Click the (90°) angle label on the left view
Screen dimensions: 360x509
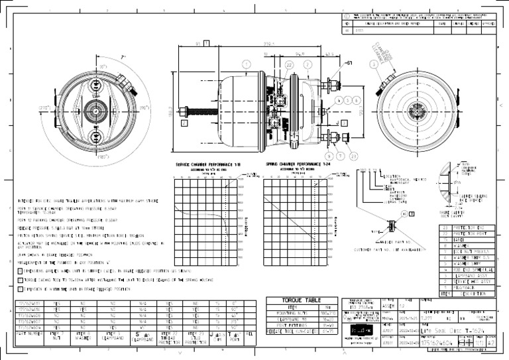(x=145, y=107)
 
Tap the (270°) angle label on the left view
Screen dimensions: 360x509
(x=46, y=107)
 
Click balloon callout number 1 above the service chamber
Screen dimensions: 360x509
(x=246, y=64)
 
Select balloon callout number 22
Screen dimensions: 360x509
(x=289, y=64)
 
